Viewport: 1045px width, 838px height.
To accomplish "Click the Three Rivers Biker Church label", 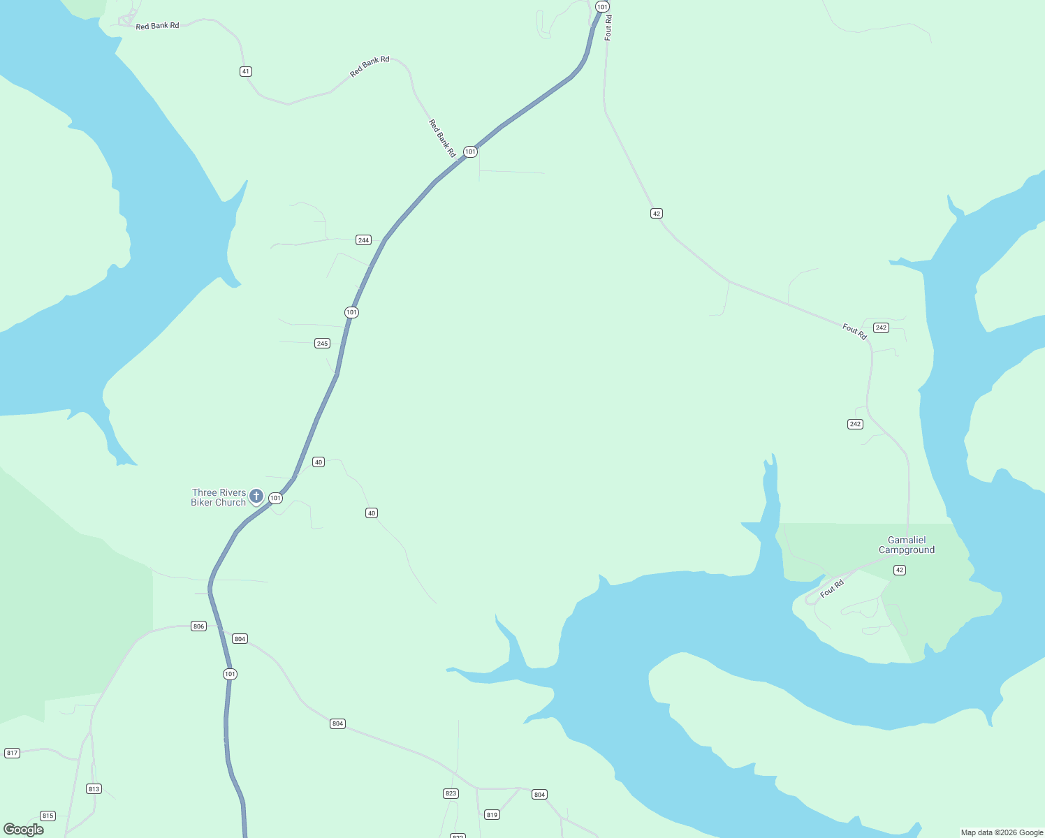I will [x=218, y=497].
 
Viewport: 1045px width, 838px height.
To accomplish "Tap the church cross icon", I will [x=256, y=497].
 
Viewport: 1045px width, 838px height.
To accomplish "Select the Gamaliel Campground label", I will [x=907, y=545].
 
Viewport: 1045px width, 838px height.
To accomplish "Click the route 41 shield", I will [x=245, y=71].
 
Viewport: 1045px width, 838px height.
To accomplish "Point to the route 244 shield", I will [x=363, y=240].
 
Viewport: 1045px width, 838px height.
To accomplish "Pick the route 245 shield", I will [x=322, y=344].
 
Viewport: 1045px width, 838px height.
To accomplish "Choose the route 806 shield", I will [x=199, y=626].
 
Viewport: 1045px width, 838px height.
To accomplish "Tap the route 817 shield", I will [x=12, y=753].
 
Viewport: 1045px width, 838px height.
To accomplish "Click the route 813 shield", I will [x=94, y=789].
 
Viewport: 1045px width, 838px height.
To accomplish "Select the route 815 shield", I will [x=47, y=816].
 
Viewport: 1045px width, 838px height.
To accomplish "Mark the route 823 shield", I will [x=451, y=793].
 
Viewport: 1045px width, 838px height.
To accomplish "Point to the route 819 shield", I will [x=492, y=815].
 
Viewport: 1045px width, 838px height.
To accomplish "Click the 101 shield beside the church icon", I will [x=276, y=499].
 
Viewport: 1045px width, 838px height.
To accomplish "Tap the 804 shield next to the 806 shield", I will [x=240, y=639].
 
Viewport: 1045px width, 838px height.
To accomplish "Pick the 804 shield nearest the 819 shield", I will [x=539, y=795].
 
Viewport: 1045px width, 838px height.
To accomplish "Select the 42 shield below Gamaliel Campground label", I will [x=900, y=571].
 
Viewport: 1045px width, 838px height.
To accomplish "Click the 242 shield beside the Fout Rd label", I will [x=881, y=328].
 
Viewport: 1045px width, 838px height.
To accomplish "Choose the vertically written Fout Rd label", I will [x=608, y=29].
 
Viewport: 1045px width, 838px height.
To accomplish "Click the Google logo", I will [x=24, y=830].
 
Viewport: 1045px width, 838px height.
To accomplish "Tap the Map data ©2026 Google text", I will [x=1002, y=832].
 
